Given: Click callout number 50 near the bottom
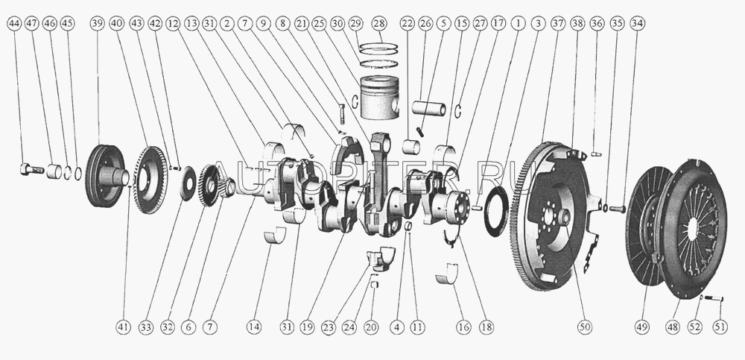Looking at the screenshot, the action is point(585,326).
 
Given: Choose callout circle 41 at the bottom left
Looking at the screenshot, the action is point(123,326).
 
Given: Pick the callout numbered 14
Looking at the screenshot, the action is point(256,326).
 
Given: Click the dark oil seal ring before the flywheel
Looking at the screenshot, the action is point(496,212).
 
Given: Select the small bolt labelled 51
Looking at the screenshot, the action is point(713,300).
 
